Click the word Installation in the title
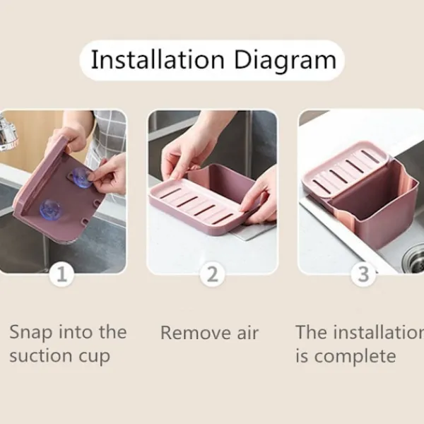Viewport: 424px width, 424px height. (158, 60)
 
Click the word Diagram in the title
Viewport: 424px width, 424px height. (285, 61)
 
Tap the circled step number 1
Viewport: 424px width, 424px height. (61, 274)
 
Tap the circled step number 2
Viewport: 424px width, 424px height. (212, 274)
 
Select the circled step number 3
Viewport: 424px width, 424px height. (363, 274)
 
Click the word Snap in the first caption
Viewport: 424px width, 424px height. (30, 333)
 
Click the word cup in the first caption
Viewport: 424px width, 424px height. (95, 357)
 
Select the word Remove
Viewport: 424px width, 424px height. (196, 333)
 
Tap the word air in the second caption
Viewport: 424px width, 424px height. (248, 333)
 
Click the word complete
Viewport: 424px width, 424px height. (355, 357)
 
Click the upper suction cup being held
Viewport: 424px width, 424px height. (81, 177)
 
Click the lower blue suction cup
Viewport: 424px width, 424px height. (52, 210)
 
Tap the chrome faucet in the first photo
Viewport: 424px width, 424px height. (8, 132)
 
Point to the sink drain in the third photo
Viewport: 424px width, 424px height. (413, 259)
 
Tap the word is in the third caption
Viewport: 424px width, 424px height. (302, 356)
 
